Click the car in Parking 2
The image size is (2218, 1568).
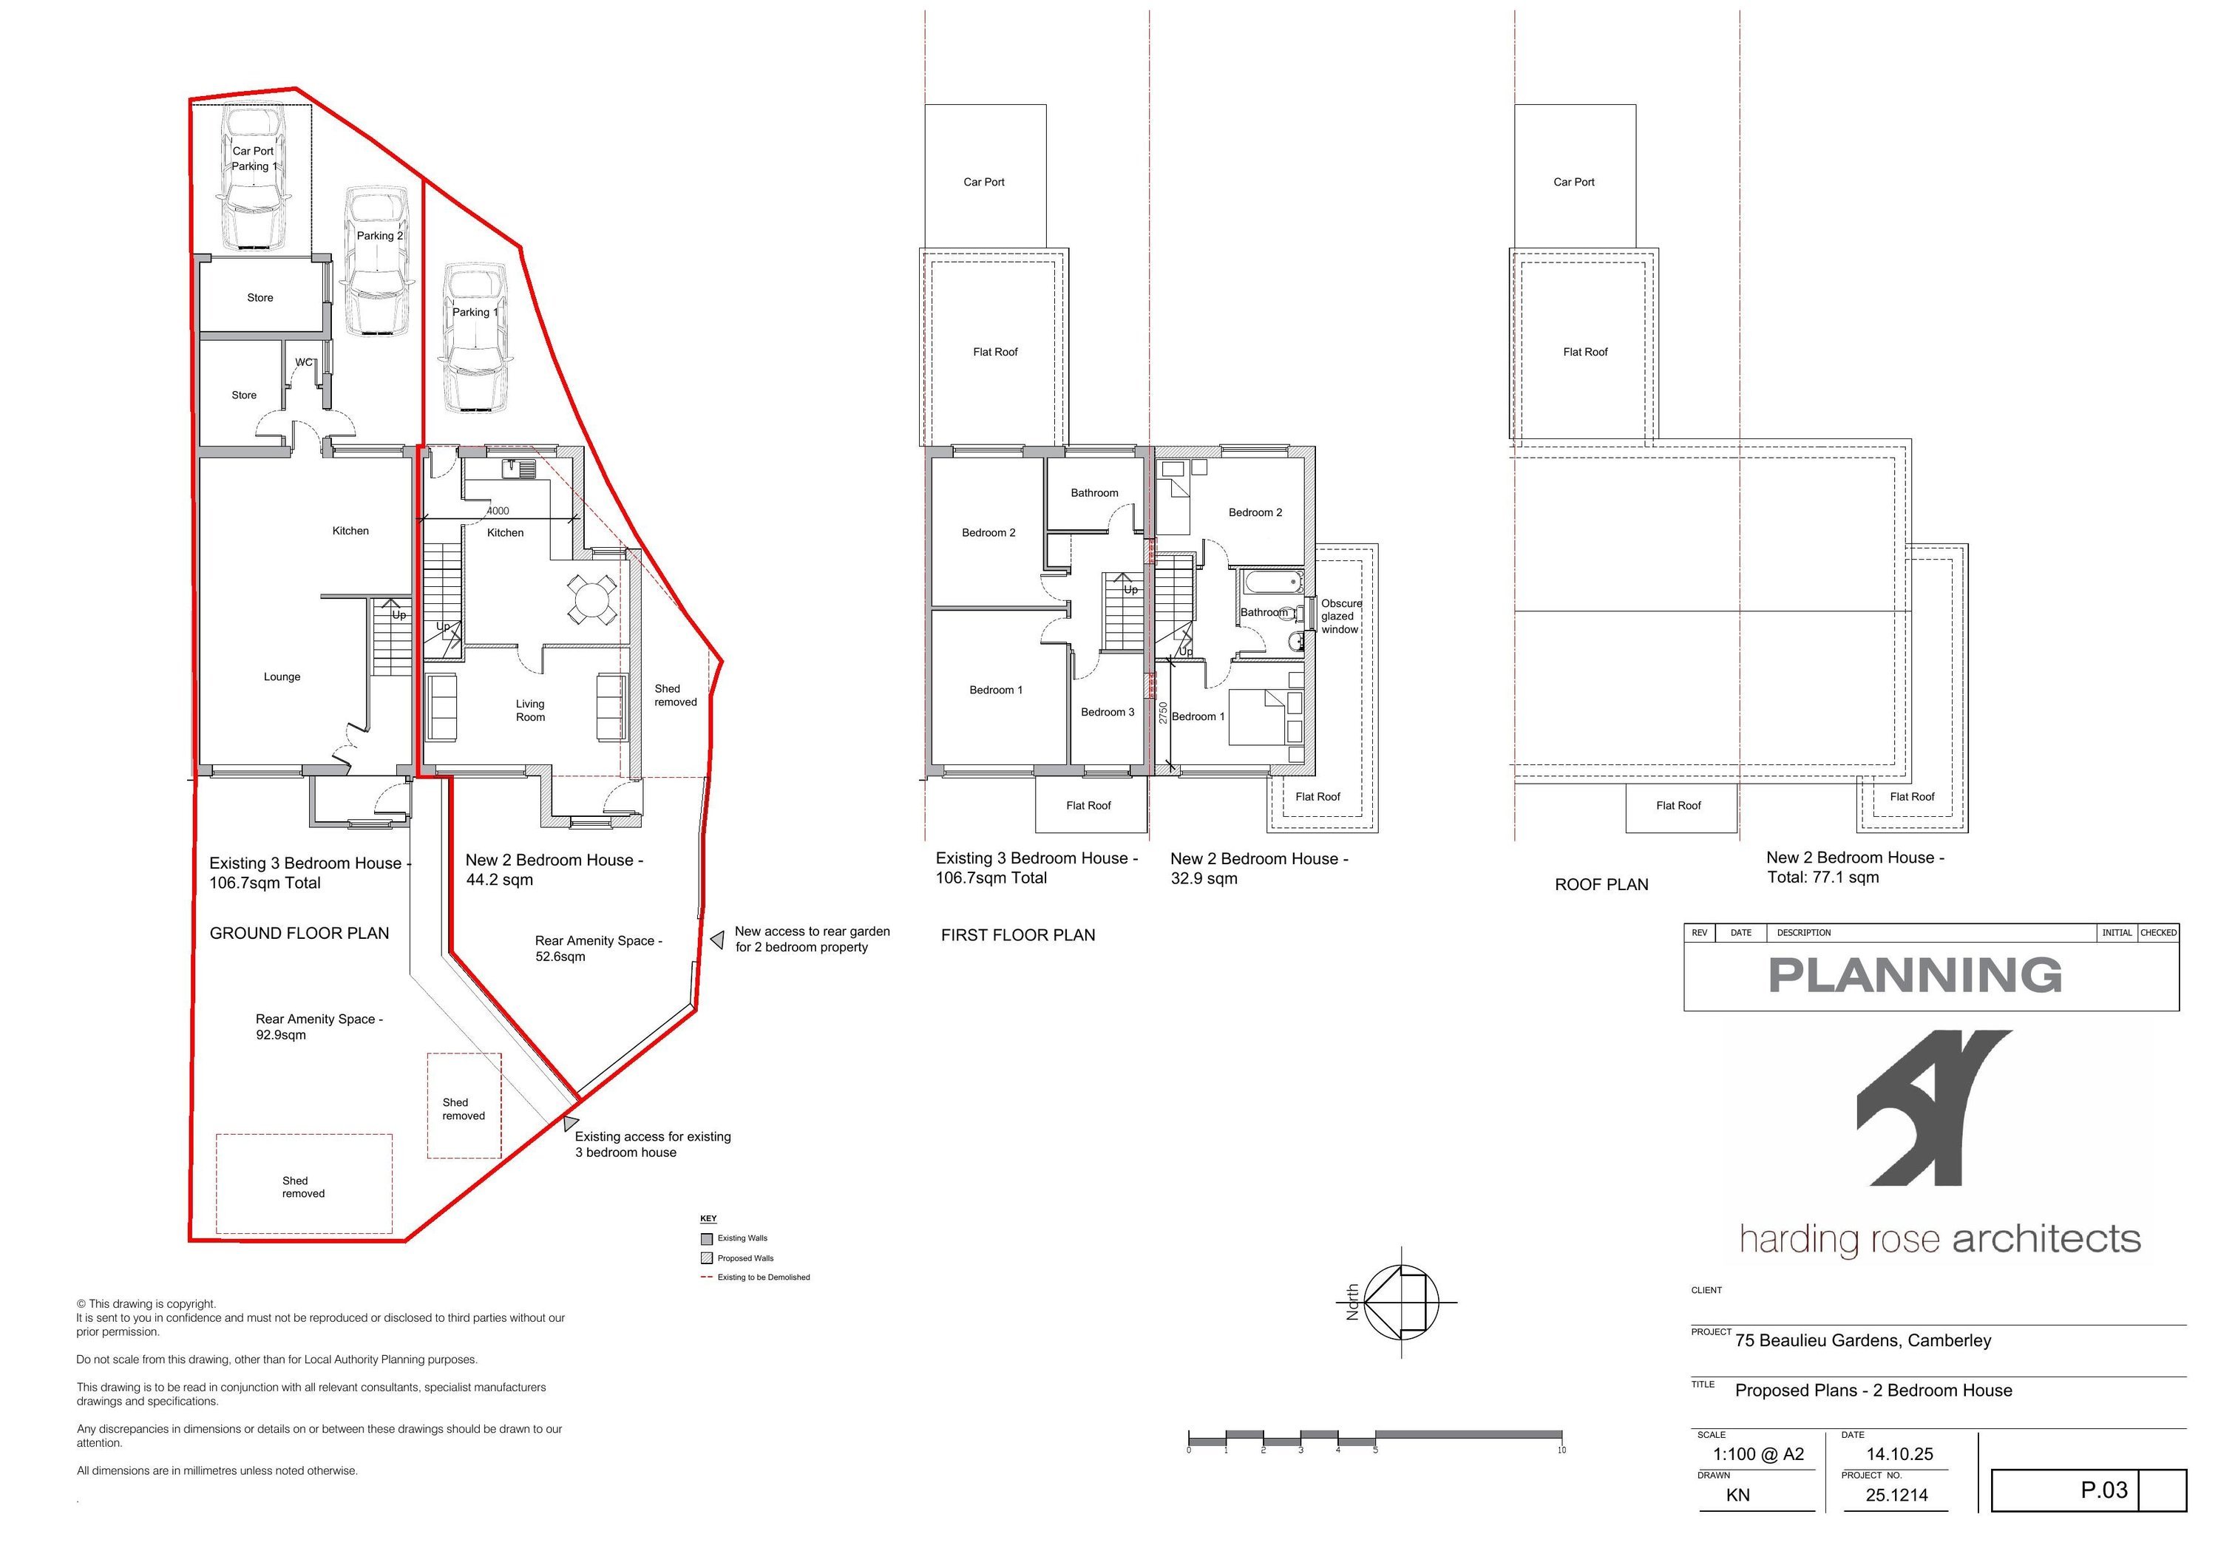(377, 262)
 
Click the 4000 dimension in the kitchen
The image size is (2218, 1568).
(498, 511)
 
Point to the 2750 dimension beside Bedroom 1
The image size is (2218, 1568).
(1163, 712)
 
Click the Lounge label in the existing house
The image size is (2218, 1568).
(282, 677)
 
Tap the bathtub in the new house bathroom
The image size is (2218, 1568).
(1272, 583)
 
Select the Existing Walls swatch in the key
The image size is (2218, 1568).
(706, 1238)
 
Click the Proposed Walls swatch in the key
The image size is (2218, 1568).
(706, 1258)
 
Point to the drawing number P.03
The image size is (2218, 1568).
(2104, 1490)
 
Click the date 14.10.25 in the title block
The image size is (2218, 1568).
(1899, 1454)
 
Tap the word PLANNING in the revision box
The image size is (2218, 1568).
(1916, 975)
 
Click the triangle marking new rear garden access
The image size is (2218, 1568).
(717, 939)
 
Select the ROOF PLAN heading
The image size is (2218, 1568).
(1601, 884)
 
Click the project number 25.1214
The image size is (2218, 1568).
(1897, 1495)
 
